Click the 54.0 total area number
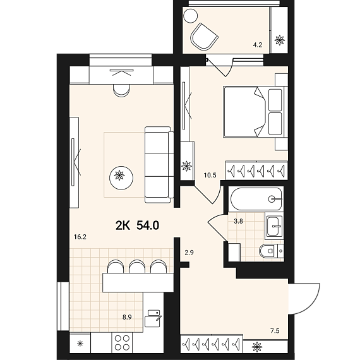point(148,225)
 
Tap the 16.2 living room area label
point(80,237)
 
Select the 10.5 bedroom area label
point(210,176)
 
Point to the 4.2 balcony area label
point(258,45)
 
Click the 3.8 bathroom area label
point(238,221)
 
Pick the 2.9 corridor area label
point(189,253)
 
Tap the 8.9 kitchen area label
point(127,318)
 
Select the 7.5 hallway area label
point(275,331)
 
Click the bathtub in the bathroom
point(256,199)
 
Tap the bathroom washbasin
point(274,226)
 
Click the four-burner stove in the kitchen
point(122,343)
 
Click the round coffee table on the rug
point(121,178)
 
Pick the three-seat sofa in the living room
point(159,165)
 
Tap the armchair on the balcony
point(203,37)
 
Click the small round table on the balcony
point(190,16)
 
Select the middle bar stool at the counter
point(137,267)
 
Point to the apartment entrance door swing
point(305,299)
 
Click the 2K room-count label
point(123,225)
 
